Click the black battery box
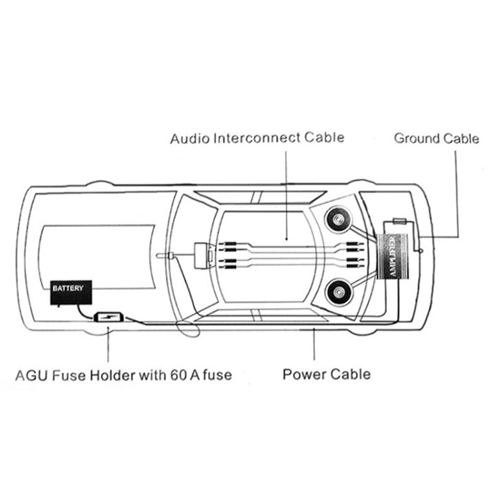click(71, 292)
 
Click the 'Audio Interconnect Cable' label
click(257, 138)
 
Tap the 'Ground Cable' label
click(436, 138)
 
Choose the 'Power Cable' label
click(326, 375)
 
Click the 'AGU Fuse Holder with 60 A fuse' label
click(123, 376)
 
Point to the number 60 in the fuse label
click(177, 376)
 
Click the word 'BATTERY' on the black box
click(67, 289)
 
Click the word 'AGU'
click(28, 376)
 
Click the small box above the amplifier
click(401, 222)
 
